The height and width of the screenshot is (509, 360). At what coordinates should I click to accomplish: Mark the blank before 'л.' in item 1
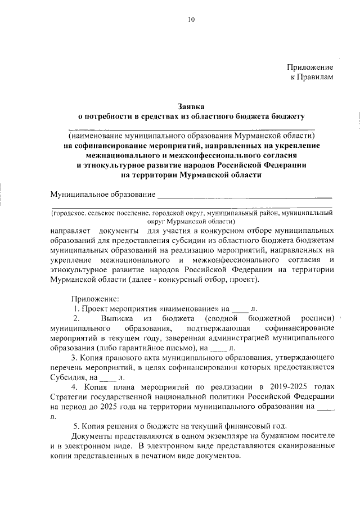[240, 309]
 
